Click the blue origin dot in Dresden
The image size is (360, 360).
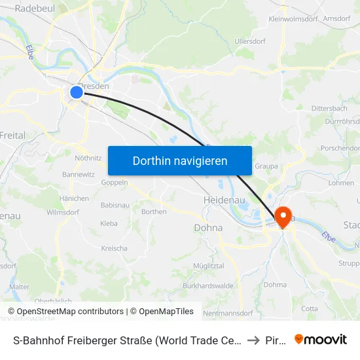[x=77, y=92]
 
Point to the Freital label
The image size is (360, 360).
[x=12, y=135]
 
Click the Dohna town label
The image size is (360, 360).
[x=208, y=228]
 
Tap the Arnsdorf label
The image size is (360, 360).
[x=344, y=19]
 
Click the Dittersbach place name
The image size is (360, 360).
[x=329, y=108]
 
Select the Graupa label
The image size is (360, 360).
[x=266, y=166]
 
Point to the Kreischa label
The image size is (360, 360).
[x=114, y=248]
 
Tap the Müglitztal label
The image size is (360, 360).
[x=208, y=266]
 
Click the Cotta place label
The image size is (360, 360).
[x=310, y=308]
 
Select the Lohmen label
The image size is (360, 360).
[x=340, y=183]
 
